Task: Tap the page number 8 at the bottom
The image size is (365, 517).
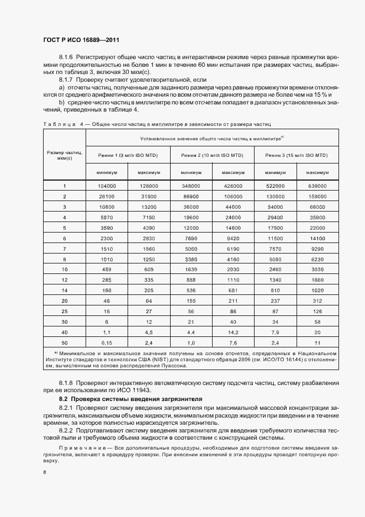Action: [45, 472]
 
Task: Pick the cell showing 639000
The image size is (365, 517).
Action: [317, 186]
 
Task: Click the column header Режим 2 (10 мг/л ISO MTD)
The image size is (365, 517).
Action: [212, 155]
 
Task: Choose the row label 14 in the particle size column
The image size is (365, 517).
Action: [65, 290]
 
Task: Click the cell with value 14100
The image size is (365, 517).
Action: [317, 238]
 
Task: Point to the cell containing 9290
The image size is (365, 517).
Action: [317, 249]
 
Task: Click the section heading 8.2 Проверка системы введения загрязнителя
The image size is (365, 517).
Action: [131, 398]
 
